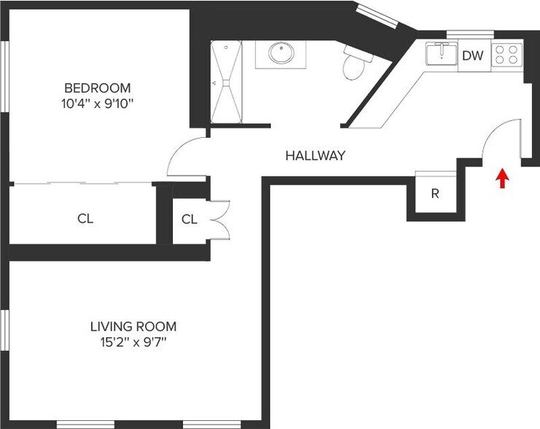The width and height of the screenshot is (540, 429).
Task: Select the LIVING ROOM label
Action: click(x=133, y=327)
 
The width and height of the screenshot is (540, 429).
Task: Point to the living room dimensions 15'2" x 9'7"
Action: click(x=133, y=341)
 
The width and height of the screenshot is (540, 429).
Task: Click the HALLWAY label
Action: click(x=315, y=155)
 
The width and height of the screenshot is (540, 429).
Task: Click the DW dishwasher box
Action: click(x=472, y=55)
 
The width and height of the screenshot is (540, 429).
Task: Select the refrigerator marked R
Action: click(x=435, y=194)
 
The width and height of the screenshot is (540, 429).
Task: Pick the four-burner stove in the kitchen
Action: click(x=507, y=54)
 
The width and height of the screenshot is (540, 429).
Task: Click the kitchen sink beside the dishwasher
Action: click(x=440, y=53)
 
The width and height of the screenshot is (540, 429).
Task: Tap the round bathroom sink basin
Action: click(x=280, y=53)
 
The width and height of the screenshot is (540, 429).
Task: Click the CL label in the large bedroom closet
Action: click(x=85, y=218)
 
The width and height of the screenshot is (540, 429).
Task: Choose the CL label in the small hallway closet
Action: click(x=189, y=219)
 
